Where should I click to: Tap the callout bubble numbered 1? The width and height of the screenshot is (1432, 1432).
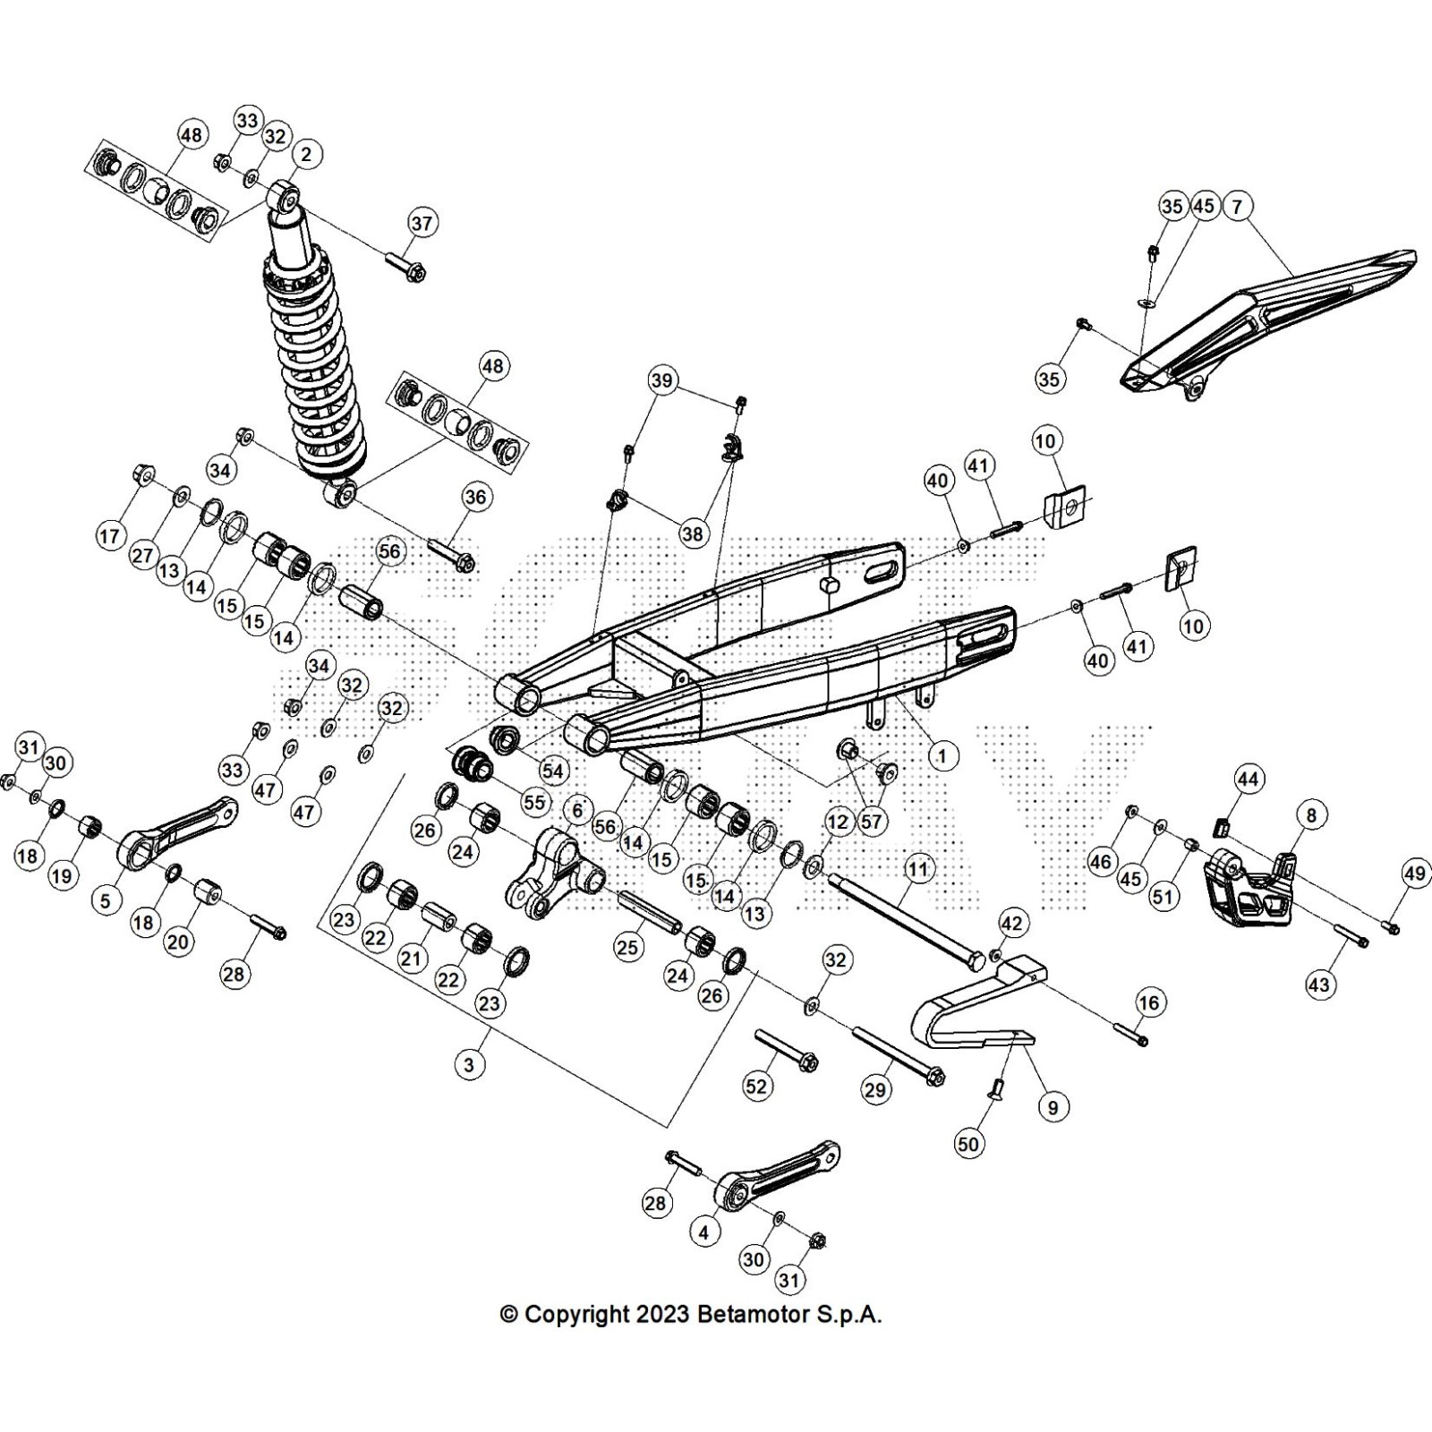pos(941,756)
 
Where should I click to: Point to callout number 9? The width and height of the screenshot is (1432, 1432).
pos(1053,1107)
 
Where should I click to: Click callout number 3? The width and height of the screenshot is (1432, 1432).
pos(469,1064)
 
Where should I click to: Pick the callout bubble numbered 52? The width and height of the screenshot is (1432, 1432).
pos(756,1086)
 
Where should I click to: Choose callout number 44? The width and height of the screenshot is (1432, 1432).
pos(1249,780)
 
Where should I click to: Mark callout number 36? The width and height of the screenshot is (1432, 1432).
pos(475,497)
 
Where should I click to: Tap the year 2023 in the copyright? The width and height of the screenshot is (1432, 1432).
pos(662,1315)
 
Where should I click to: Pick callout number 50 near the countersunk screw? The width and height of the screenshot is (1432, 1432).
pos(968,1143)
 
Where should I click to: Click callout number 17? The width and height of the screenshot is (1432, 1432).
pos(109,536)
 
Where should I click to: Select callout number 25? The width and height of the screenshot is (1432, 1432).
pos(628,946)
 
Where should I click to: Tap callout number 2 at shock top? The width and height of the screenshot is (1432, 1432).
pos(306,155)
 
